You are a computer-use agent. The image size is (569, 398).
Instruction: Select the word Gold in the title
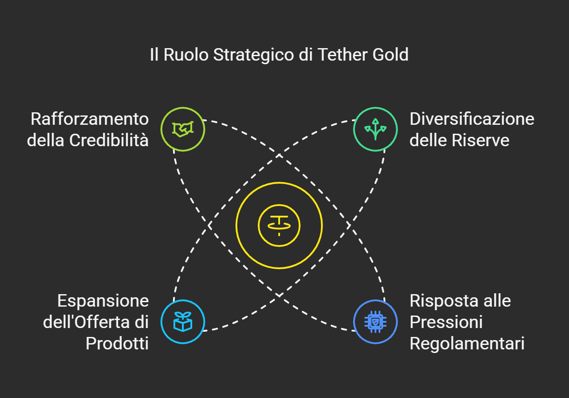click(391, 54)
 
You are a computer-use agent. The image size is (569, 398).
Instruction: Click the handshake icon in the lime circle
click(183, 129)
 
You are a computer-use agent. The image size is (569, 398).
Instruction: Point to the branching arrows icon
click(375, 129)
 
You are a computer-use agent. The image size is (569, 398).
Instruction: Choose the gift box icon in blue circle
click(183, 322)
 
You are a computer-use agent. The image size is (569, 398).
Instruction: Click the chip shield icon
click(375, 322)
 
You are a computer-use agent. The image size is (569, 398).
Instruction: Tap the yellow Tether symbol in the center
click(279, 226)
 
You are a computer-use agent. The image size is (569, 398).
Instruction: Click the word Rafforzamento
click(90, 119)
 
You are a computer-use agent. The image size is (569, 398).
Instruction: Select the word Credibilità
click(109, 140)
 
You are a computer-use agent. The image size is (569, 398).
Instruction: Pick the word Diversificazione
click(472, 119)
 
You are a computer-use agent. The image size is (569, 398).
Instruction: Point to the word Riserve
click(481, 140)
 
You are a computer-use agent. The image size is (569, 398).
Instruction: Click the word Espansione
click(103, 301)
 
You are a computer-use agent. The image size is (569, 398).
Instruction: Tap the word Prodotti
click(117, 344)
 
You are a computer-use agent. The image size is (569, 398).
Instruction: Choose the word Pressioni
click(446, 322)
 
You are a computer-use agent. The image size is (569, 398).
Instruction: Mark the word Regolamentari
click(467, 344)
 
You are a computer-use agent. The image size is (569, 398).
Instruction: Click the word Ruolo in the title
click(186, 54)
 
